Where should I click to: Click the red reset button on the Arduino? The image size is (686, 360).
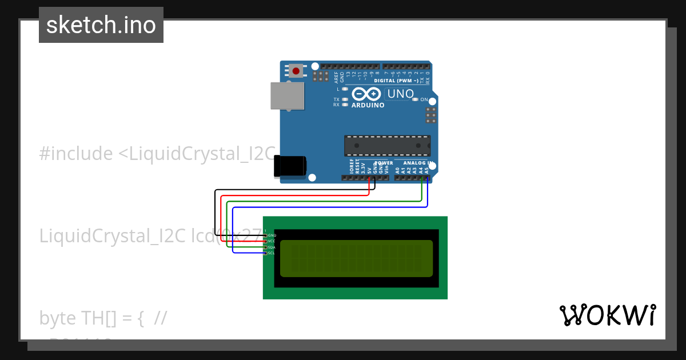coord(296,71)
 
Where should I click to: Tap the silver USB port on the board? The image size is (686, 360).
coord(286,95)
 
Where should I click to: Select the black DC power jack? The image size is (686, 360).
coord(290,166)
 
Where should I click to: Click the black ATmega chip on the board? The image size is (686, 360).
coord(387,146)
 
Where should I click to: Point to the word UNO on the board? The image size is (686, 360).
coord(400,94)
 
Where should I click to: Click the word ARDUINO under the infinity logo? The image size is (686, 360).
coord(368,105)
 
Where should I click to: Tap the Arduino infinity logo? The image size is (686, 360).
coord(366,94)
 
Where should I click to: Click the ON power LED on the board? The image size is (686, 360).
coord(414,99)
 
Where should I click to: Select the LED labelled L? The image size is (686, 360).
coord(345,89)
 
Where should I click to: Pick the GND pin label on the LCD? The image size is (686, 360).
coord(272,235)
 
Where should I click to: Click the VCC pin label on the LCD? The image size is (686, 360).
coord(272,241)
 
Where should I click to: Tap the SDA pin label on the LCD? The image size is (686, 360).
coord(272,247)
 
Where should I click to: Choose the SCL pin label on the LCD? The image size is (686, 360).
coord(272,253)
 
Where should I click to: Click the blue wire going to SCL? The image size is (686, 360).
coord(332,207)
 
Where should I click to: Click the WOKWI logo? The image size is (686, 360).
coord(608,315)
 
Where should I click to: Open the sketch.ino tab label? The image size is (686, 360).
coord(101,25)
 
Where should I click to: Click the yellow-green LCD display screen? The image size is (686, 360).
coord(356,258)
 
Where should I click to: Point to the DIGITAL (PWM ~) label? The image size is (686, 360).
coord(396,81)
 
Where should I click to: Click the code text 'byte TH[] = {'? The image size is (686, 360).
coord(91,318)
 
